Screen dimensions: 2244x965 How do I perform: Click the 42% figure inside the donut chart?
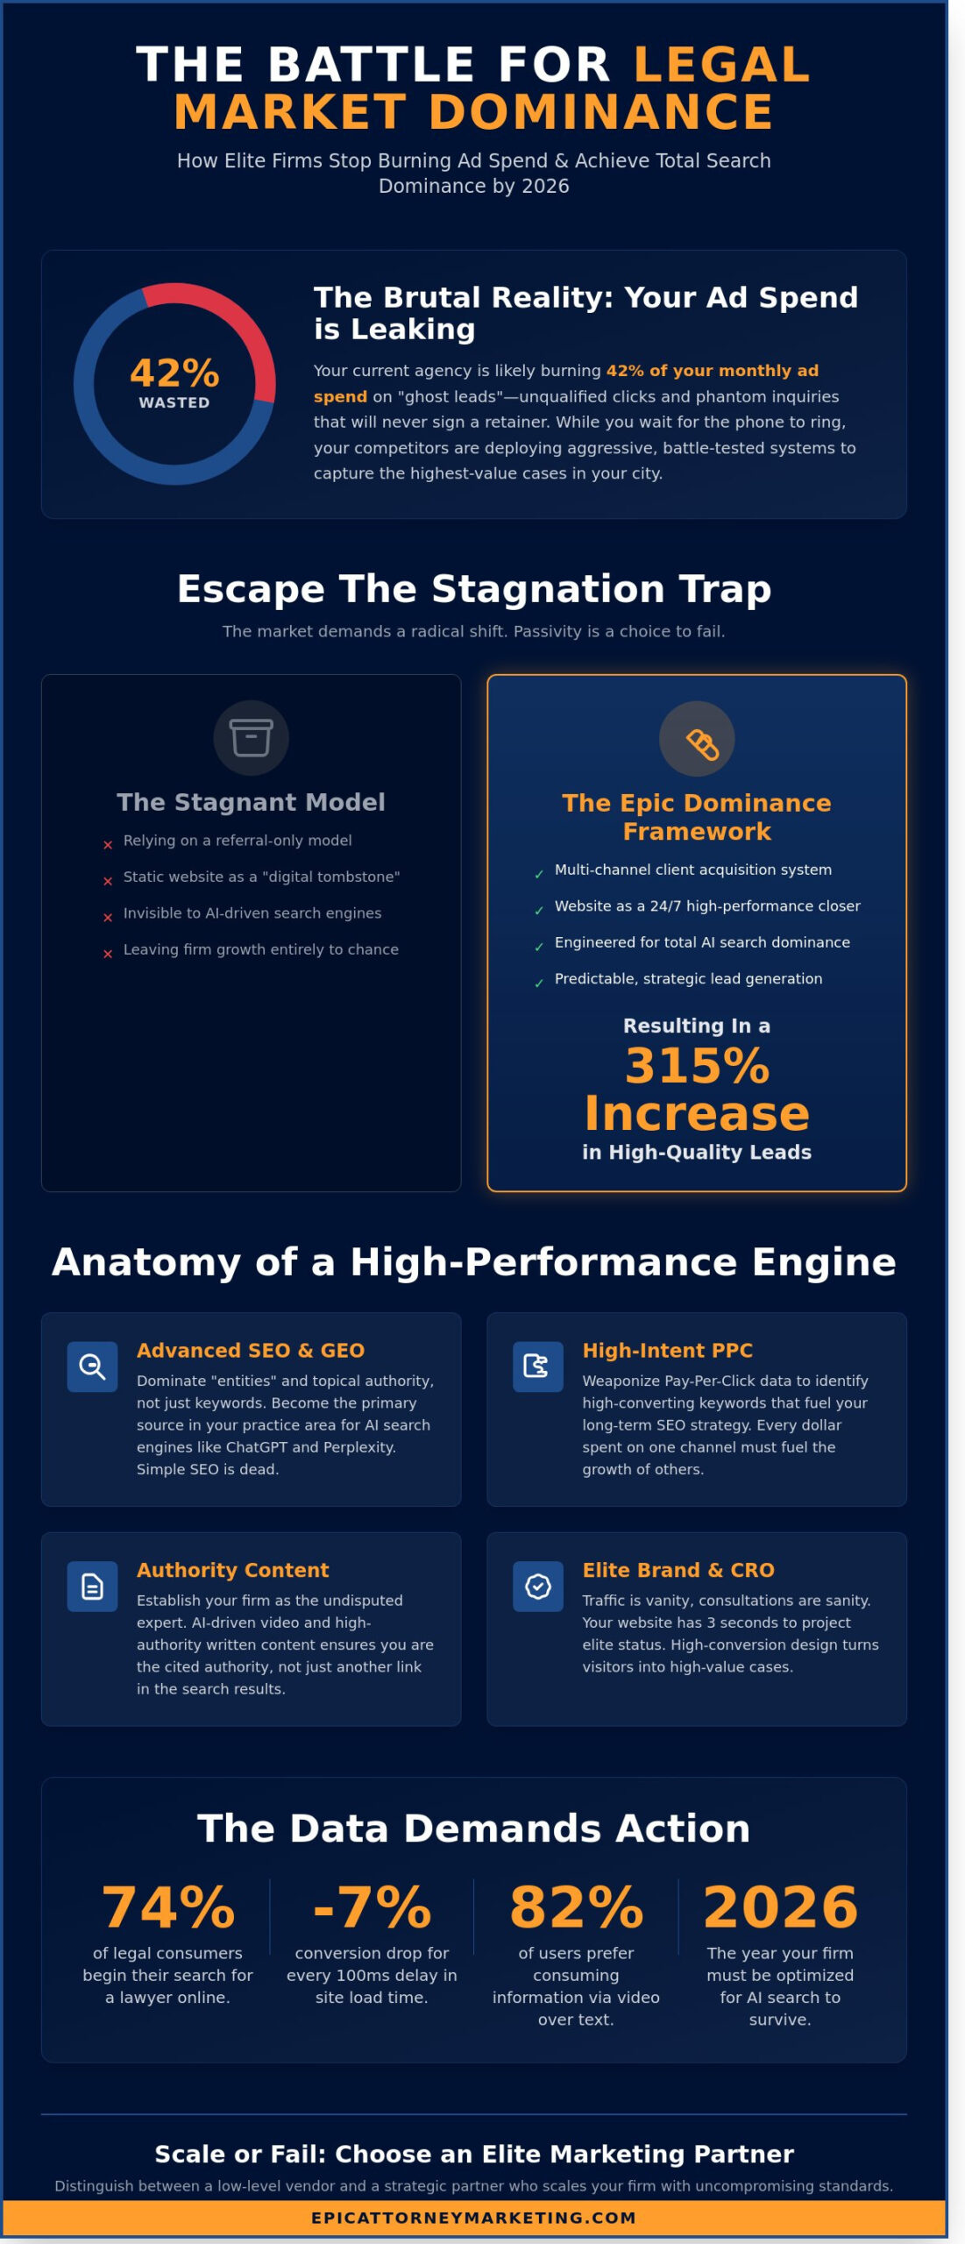pyautogui.click(x=174, y=373)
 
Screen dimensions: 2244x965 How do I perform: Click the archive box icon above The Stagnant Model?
pyautogui.click(x=252, y=737)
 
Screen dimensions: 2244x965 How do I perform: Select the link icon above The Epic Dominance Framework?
pyautogui.click(x=697, y=738)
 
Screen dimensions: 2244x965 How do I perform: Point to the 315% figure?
pyautogui.click(x=697, y=1067)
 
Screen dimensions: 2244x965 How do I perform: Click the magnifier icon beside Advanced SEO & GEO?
pyautogui.click(x=92, y=1366)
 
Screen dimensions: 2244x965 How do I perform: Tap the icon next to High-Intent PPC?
pyautogui.click(x=537, y=1366)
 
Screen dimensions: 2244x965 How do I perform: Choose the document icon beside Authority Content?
pyautogui.click(x=92, y=1586)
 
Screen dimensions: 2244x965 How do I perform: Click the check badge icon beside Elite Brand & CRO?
pyautogui.click(x=537, y=1586)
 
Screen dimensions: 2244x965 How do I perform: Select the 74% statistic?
pyautogui.click(x=168, y=1907)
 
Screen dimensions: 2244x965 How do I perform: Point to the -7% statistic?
pyautogui.click(x=373, y=1907)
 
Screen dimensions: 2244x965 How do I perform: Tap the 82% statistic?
pyautogui.click(x=576, y=1907)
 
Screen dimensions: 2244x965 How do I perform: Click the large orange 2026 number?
pyautogui.click(x=780, y=1907)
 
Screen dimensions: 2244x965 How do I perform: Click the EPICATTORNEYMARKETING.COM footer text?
pyautogui.click(x=473, y=2217)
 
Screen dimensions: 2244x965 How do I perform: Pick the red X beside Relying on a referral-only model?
pyautogui.click(x=108, y=845)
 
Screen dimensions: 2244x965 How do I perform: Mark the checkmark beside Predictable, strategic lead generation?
pyautogui.click(x=539, y=983)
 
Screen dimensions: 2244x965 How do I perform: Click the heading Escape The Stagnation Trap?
pyautogui.click(x=473, y=589)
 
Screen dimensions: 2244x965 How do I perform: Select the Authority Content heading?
pyautogui.click(x=232, y=1569)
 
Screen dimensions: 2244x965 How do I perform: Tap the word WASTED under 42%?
pyautogui.click(x=174, y=402)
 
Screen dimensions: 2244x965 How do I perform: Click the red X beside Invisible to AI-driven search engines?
pyautogui.click(x=108, y=918)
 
